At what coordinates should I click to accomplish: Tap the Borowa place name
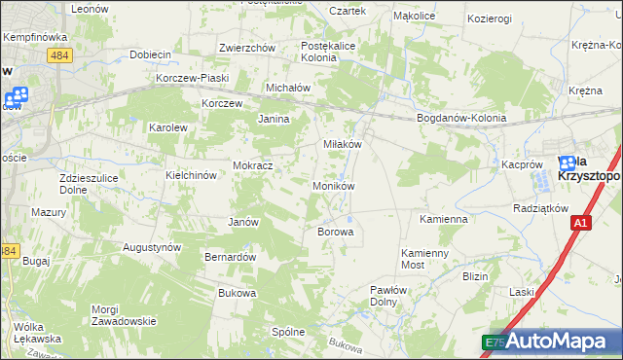click(335, 233)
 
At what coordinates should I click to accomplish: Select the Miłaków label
click(342, 143)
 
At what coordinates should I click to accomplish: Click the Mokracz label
click(252, 165)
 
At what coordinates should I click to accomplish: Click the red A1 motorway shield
click(580, 224)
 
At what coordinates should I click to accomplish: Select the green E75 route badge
click(495, 342)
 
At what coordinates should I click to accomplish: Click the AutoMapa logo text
click(558, 342)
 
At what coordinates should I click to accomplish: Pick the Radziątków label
click(538, 208)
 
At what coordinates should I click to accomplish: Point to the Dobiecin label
click(150, 54)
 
